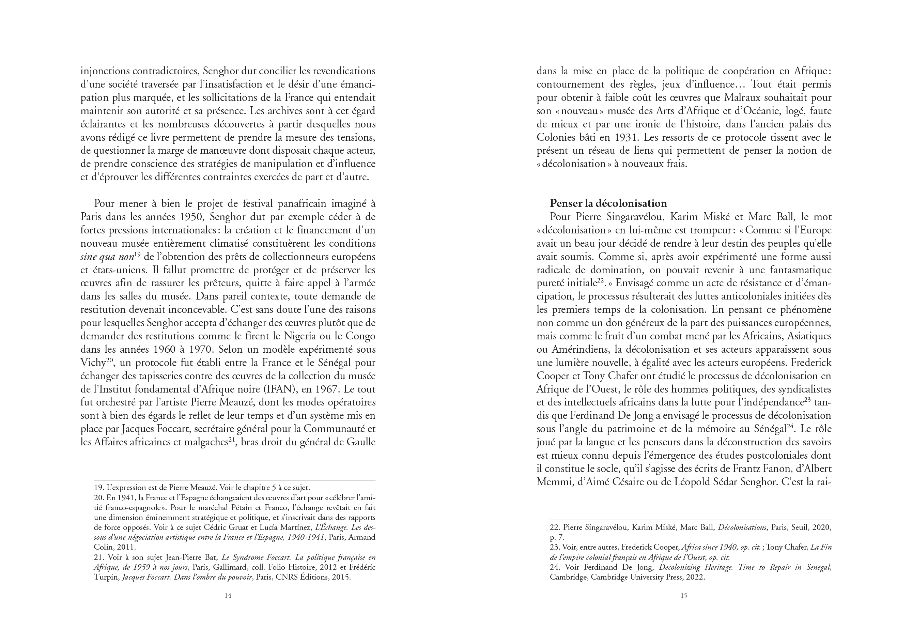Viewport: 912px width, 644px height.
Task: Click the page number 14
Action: tap(228, 596)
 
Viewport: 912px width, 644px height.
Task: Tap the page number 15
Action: tap(684, 596)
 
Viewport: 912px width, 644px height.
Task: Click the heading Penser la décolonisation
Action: tap(608, 203)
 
